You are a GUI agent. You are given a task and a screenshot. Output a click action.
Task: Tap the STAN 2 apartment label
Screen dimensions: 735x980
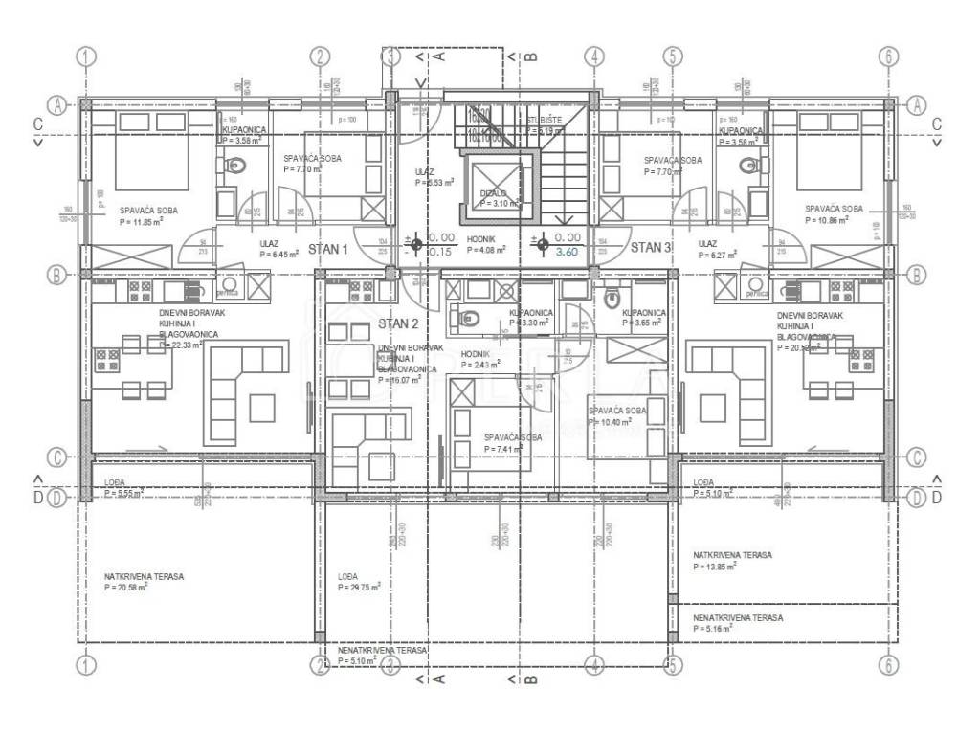(399, 323)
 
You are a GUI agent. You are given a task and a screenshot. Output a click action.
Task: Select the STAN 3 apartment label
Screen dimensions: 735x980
(652, 248)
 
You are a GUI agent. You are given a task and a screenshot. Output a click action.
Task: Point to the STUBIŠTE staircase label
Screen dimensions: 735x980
(544, 121)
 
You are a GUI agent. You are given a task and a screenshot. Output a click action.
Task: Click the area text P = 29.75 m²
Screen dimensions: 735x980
(359, 588)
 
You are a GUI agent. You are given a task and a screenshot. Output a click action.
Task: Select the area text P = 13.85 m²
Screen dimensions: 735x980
(714, 567)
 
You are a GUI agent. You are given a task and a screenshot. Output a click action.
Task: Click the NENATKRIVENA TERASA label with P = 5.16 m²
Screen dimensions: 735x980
(738, 618)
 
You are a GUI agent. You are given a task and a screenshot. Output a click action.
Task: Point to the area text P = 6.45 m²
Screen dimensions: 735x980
(278, 255)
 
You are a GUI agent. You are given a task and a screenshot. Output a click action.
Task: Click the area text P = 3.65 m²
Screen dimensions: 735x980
(642, 324)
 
